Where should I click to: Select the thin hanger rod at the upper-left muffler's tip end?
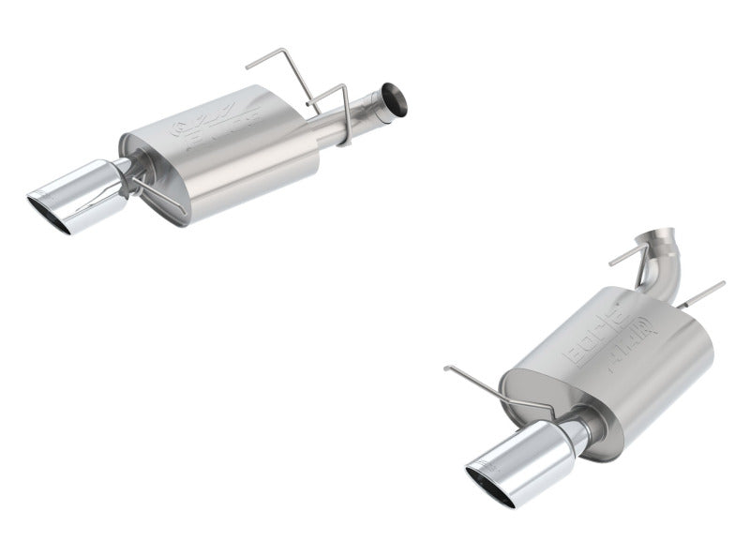coord(155,192)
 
